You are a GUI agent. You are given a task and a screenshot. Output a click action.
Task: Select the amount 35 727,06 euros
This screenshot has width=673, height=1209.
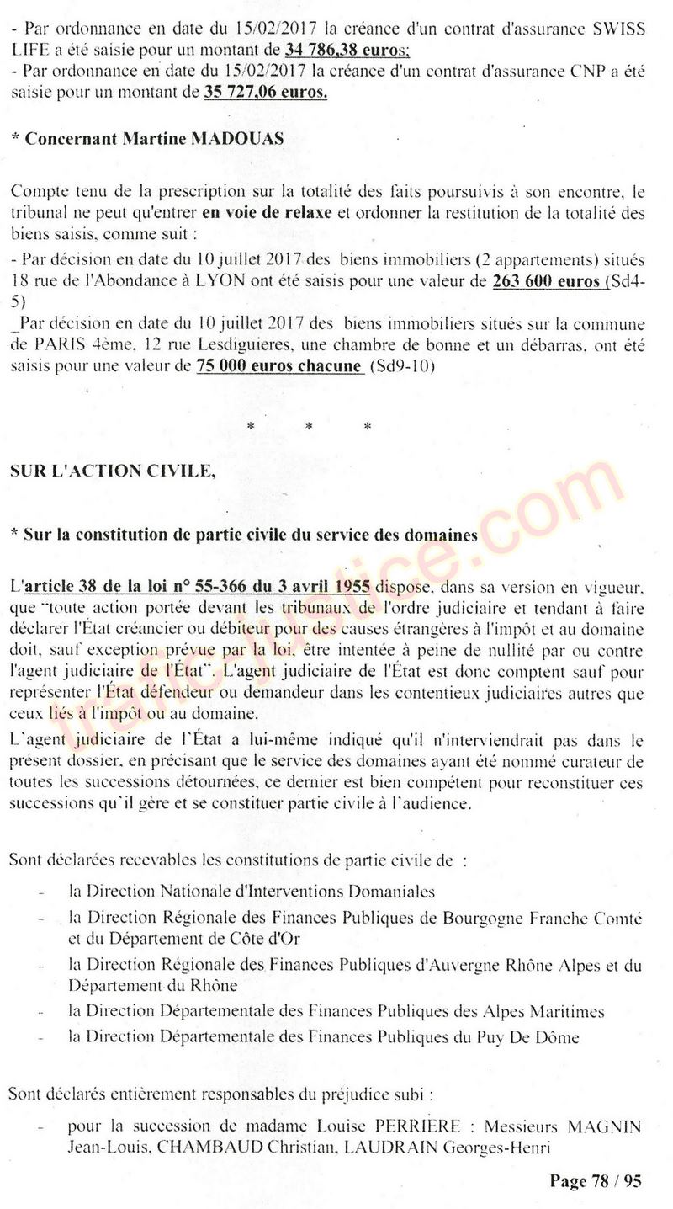point(265,92)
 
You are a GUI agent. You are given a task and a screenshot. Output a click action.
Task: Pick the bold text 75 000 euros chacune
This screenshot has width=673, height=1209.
point(278,365)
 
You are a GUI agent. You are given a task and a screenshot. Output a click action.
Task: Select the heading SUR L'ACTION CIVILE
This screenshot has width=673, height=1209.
point(111,471)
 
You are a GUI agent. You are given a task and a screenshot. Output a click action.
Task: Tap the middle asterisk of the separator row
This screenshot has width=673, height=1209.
point(310,428)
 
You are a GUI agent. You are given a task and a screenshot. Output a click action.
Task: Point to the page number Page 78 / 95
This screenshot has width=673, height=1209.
point(596,1180)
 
